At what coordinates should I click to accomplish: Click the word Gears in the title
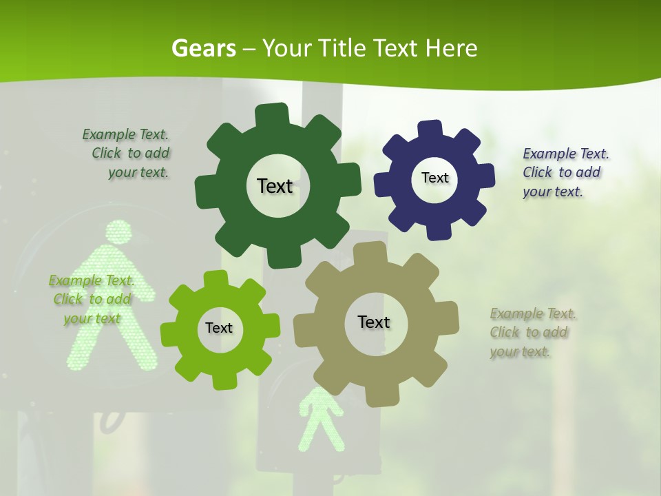pos(203,48)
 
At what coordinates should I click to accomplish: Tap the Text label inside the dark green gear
pos(275,186)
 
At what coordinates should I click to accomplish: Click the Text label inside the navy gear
pos(434,178)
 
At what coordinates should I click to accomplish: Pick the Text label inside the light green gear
pos(219,328)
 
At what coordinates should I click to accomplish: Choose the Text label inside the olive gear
pos(374,322)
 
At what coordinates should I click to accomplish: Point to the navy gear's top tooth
pos(430,130)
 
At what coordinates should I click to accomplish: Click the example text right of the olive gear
pos(532,332)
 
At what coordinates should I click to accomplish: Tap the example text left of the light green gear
pos(92,299)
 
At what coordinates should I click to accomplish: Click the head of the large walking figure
pos(118,232)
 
